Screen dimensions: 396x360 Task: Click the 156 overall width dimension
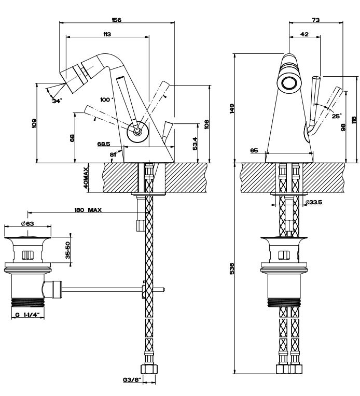[116, 20]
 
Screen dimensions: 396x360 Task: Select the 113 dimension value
[107, 34]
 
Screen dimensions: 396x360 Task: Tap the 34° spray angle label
[57, 101]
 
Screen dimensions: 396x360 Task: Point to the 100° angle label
[106, 99]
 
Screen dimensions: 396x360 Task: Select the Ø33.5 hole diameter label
[314, 202]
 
